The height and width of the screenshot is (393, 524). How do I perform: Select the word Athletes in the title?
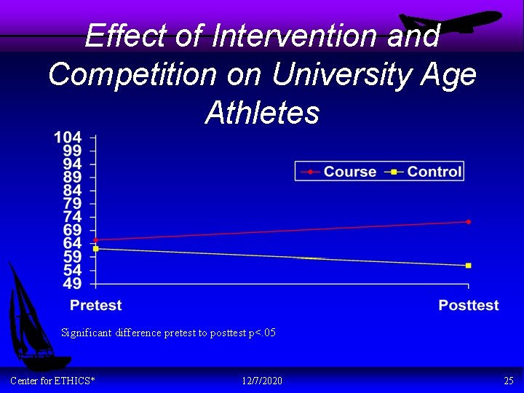(x=262, y=113)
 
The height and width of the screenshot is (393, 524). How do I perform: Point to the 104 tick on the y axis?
(x=68, y=137)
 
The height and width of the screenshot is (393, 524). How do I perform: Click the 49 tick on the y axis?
(x=72, y=283)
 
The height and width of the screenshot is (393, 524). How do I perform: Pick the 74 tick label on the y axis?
(x=72, y=217)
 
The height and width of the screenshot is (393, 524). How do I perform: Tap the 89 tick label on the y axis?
(x=72, y=177)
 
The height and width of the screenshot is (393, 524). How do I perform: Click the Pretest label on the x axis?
(x=95, y=305)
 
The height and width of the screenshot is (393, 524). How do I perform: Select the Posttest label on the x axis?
(x=468, y=305)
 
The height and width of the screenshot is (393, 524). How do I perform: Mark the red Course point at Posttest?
(x=468, y=221)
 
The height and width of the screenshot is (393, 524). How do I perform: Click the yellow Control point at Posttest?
(x=468, y=266)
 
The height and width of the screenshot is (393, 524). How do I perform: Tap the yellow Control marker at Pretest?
(x=96, y=249)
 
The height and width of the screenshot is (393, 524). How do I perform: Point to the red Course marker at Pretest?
(x=96, y=239)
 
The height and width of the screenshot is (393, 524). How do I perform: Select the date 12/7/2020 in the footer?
(x=262, y=381)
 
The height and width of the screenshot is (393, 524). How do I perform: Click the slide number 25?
(x=508, y=381)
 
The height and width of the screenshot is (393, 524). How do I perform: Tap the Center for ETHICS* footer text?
(x=52, y=381)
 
